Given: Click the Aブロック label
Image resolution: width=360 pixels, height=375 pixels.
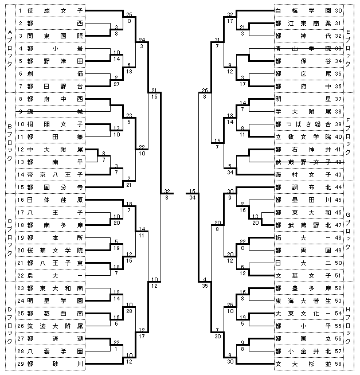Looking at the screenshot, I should point(8,49).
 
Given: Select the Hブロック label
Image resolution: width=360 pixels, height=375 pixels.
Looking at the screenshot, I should point(350,325).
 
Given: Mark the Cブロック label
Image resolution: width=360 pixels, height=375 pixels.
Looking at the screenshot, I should point(8,237).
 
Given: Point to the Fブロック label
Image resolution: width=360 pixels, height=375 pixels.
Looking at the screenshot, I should point(350,136).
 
